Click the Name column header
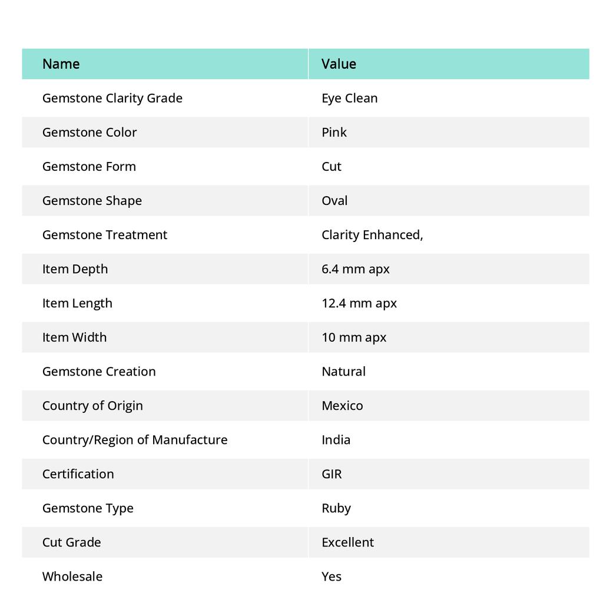pyautogui.click(x=61, y=64)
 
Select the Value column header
pyautogui.click(x=339, y=64)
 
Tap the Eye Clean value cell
pyautogui.click(x=349, y=98)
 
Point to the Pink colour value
pyautogui.click(x=334, y=132)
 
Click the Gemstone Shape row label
pyautogui.click(x=92, y=200)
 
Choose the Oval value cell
pyautogui.click(x=334, y=200)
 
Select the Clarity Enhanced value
pyautogui.click(x=372, y=234)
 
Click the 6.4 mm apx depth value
pyautogui.click(x=355, y=269)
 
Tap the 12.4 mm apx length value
pyautogui.click(x=359, y=303)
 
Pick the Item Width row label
pyautogui.click(x=74, y=337)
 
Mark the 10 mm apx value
pyautogui.click(x=353, y=337)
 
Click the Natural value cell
pyautogui.click(x=343, y=371)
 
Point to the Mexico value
pyautogui.click(x=342, y=405)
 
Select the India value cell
pyautogui.click(x=336, y=439)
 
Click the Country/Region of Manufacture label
pyautogui.click(x=134, y=439)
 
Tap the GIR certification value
pyautogui.click(x=332, y=473)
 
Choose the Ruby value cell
pyautogui.click(x=336, y=508)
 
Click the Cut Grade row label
pyautogui.click(x=71, y=542)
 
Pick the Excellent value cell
pyautogui.click(x=347, y=542)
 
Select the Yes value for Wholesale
pyautogui.click(x=332, y=576)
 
